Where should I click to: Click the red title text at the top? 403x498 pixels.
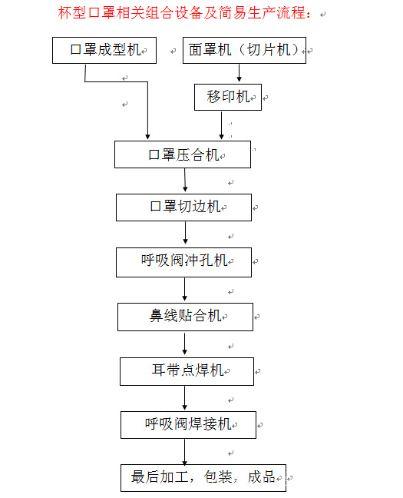[187, 13]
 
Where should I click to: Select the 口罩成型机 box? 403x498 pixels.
[104, 50]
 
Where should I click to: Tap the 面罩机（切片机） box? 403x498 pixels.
[245, 50]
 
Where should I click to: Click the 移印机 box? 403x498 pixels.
[229, 97]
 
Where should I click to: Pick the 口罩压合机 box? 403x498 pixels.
[183, 154]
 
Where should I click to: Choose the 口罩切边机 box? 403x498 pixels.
[184, 207]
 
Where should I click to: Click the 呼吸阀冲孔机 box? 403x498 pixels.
[184, 261]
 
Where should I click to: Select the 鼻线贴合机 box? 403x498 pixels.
[185, 316]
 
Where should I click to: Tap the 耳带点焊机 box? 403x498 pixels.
[187, 370]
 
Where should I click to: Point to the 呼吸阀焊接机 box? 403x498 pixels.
[187, 423]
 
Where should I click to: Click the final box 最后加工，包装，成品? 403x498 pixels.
[203, 477]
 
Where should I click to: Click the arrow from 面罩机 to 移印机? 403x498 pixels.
[239, 74]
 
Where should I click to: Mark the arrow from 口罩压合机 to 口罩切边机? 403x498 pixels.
[185, 181]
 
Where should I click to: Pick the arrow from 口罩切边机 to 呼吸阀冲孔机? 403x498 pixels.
[184, 234]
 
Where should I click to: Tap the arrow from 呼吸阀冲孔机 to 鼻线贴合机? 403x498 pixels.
[184, 289]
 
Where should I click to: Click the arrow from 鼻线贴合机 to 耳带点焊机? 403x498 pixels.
[185, 344]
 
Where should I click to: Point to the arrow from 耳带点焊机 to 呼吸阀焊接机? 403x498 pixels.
[185, 397]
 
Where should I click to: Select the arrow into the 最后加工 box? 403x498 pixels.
[185, 450]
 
